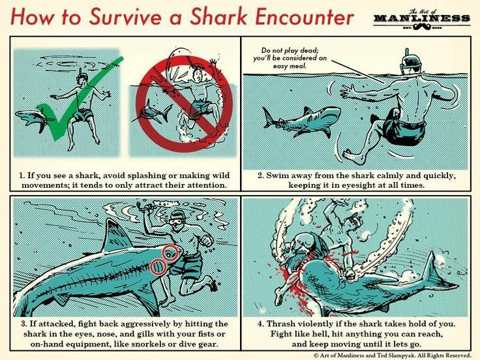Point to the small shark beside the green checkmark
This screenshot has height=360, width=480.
coord(33,117)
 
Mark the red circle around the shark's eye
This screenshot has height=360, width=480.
coord(171,253)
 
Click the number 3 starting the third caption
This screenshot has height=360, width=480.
coord(23,323)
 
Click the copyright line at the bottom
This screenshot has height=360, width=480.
coord(391,355)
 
